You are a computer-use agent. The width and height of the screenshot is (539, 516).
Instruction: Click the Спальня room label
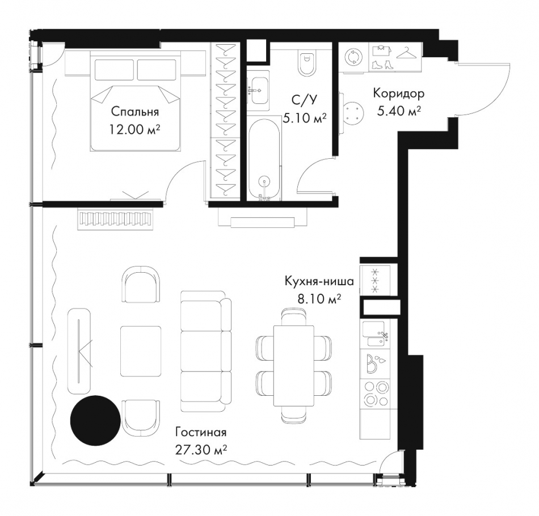point(134,111)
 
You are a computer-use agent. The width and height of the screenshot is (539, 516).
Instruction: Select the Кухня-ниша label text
point(319,281)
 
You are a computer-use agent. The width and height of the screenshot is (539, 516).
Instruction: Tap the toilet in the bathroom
point(307,62)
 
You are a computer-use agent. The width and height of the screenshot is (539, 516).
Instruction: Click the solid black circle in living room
point(95,420)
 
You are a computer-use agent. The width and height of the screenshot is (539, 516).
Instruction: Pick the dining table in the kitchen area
point(293,366)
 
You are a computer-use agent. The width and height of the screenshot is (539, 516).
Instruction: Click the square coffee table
point(141,352)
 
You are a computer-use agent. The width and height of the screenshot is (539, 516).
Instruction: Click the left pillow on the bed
point(114,70)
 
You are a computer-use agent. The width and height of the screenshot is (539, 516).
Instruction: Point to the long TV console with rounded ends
point(80,351)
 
